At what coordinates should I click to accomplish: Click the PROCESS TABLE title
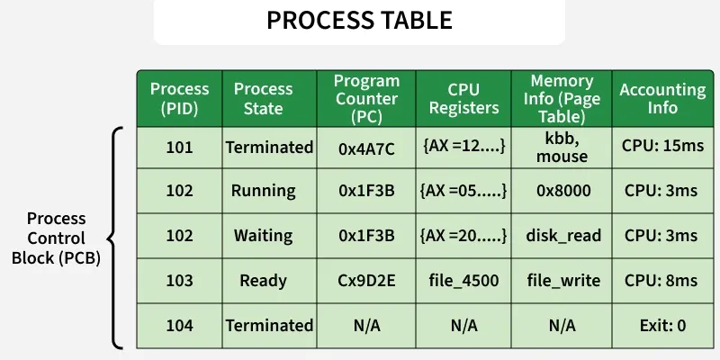pyautogui.click(x=359, y=21)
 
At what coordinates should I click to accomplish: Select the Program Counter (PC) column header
pyautogui.click(x=366, y=98)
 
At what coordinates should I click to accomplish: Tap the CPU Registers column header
pyautogui.click(x=463, y=98)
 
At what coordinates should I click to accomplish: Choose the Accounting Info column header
pyautogui.click(x=662, y=98)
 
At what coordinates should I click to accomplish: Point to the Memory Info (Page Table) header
pyautogui.click(x=562, y=98)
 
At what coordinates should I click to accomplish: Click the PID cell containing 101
pyautogui.click(x=179, y=148)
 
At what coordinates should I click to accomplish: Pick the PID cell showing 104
pyautogui.click(x=179, y=325)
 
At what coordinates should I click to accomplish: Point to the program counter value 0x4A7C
pyautogui.click(x=366, y=148)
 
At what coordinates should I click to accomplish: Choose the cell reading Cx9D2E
pyautogui.click(x=366, y=281)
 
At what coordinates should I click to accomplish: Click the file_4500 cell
pyautogui.click(x=463, y=281)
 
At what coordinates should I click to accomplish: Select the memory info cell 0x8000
pyautogui.click(x=562, y=191)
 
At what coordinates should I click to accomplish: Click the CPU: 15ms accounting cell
pyautogui.click(x=661, y=148)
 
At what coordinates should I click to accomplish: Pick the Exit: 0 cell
pyautogui.click(x=661, y=325)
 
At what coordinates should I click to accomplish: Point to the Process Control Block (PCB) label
pyautogui.click(x=56, y=238)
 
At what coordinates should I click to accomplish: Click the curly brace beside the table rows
pyautogui.click(x=114, y=238)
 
